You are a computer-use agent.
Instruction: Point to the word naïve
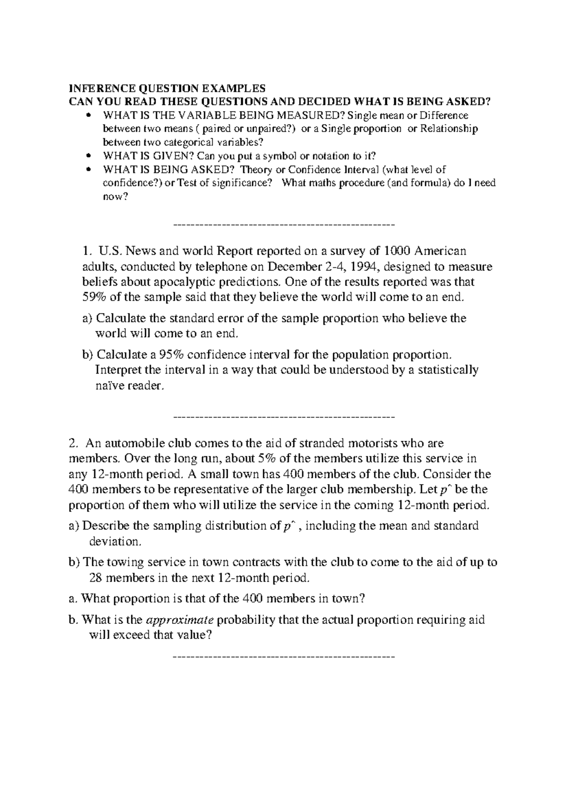110,385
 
